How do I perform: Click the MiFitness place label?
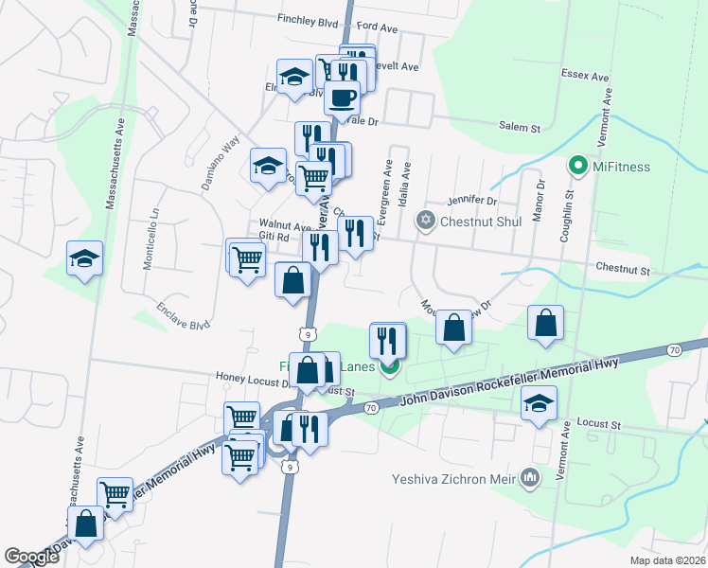point(621,167)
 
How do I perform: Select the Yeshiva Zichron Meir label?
point(452,478)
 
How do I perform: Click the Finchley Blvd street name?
point(309,18)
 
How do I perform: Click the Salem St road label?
point(519,126)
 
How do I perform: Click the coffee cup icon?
point(342,97)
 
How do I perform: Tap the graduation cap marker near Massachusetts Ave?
point(84,258)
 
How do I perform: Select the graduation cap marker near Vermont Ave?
point(539,403)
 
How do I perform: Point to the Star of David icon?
point(426,221)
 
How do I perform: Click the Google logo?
point(31,557)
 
